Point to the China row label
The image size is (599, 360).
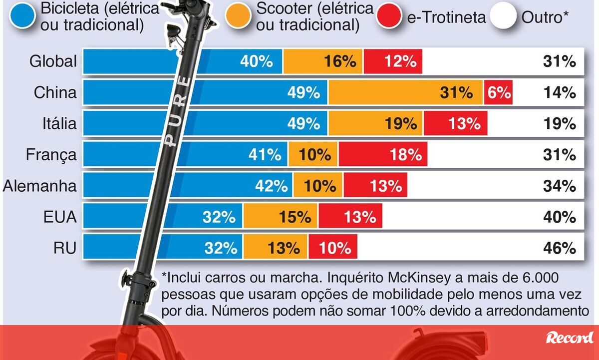pos(55,92)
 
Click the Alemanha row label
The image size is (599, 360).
pos(40,186)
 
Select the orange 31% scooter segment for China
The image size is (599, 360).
pos(405,92)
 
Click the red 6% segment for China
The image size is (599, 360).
pos(498,92)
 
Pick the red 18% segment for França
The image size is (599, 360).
pos(382,155)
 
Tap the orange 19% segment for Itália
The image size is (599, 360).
pos(375,123)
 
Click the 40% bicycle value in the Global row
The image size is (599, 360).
pos(257,61)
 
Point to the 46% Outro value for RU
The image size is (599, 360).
pos(560,248)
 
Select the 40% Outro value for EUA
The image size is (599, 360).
pos(560,217)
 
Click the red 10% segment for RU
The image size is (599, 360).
pos(332,248)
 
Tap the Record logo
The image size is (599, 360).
pos(570,338)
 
